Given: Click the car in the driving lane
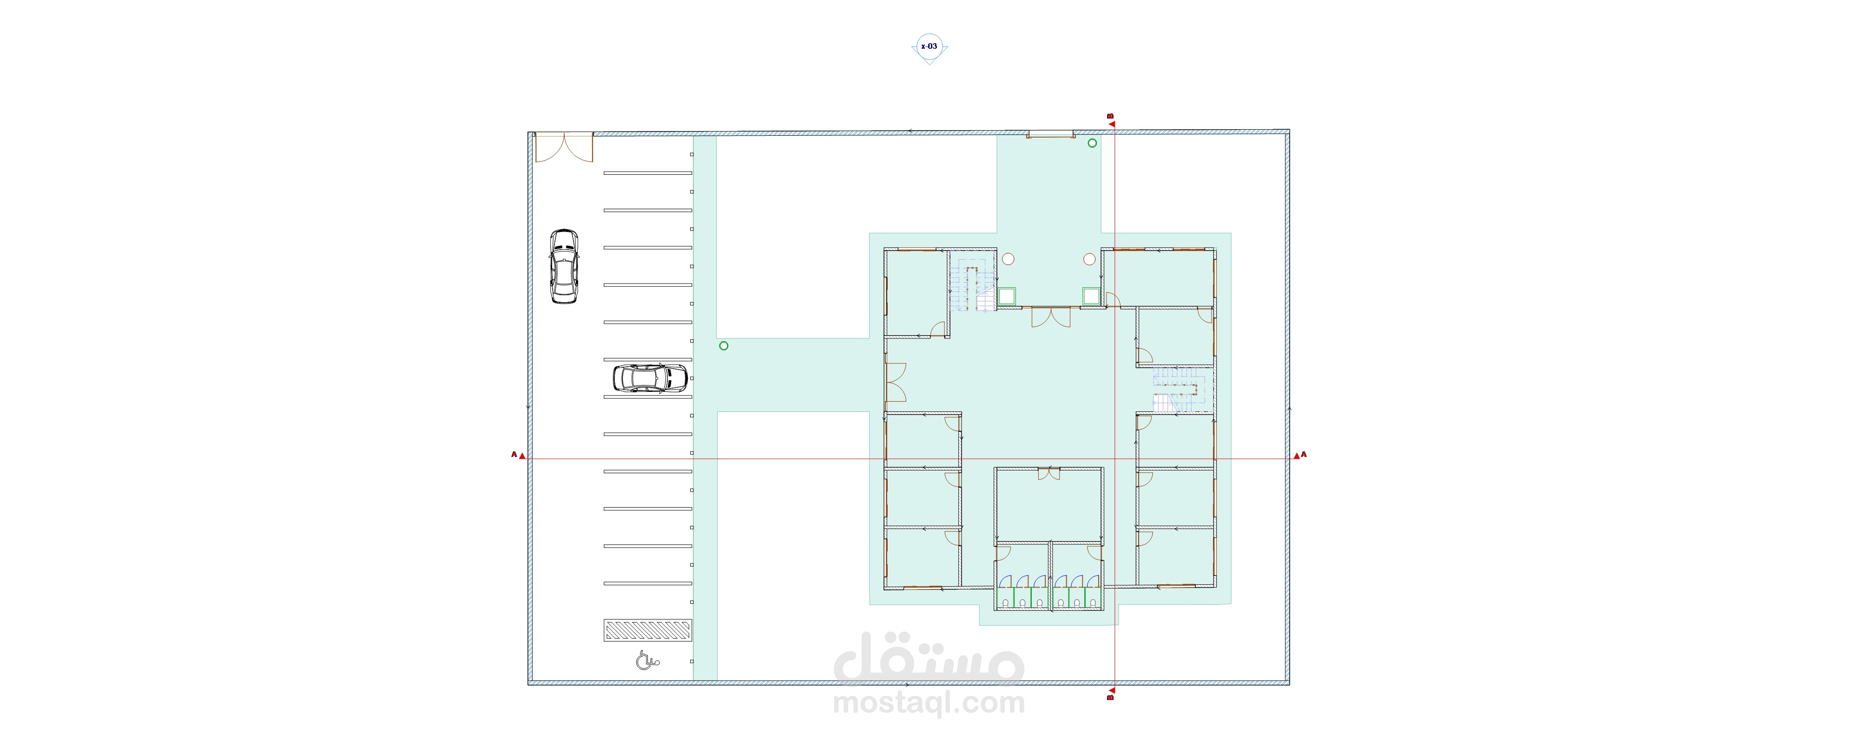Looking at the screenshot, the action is (x=564, y=266).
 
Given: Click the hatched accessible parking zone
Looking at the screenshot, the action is (x=647, y=630).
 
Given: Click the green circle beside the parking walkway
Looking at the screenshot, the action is (x=724, y=346).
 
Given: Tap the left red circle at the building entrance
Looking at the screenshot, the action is (x=1008, y=259).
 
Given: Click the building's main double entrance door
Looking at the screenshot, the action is (x=1051, y=317).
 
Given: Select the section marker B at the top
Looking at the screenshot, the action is (x=1111, y=120).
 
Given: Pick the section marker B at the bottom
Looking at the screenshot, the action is (x=1111, y=693).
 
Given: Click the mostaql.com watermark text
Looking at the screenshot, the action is (x=929, y=703).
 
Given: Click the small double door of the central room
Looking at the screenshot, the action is (x=1048, y=474).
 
